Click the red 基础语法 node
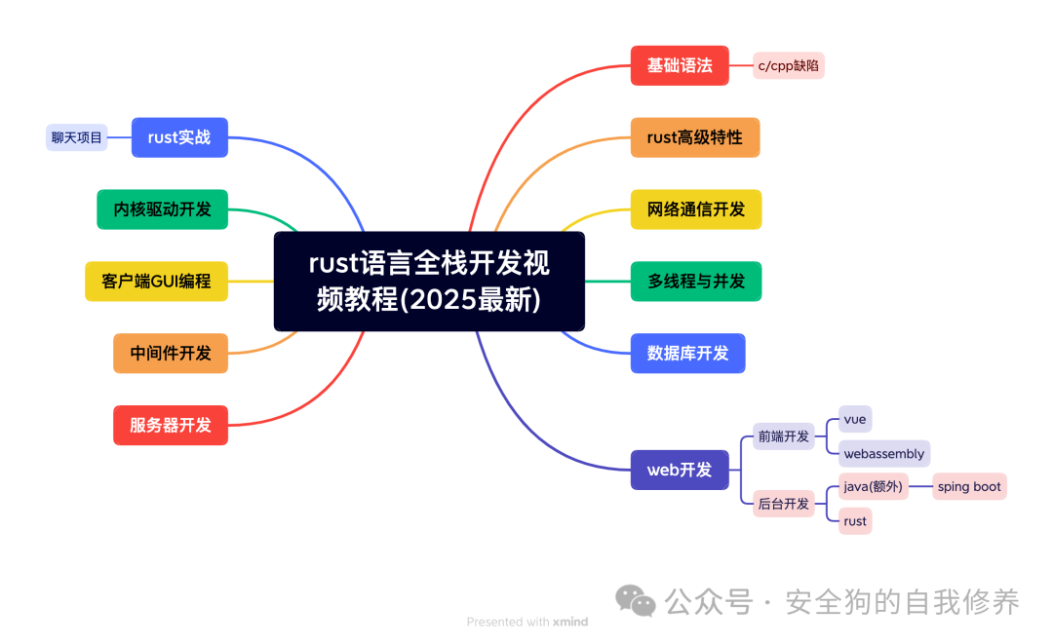680,65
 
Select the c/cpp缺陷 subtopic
789,66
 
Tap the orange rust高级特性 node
694,137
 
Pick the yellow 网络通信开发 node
695,209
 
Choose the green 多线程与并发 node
695,282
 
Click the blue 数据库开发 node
687,353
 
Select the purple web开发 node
680,470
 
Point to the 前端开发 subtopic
784,436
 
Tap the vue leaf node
855,419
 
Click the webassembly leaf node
884,453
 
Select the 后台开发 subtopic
784,504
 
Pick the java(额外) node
873,486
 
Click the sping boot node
969,486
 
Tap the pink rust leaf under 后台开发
855,521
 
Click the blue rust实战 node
179,137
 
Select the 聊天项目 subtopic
77,137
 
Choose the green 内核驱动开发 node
162,209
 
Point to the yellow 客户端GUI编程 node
156,282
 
